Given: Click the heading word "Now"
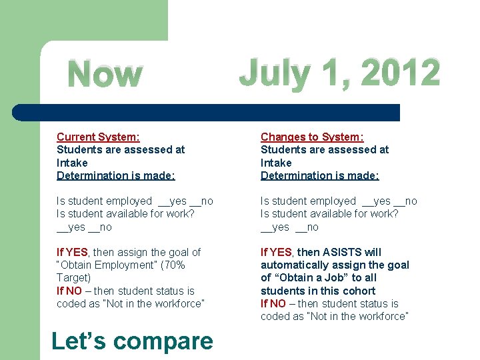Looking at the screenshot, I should click(105, 75).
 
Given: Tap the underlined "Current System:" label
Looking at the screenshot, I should click(98, 137).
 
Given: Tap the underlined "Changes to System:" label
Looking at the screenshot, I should click(312, 137).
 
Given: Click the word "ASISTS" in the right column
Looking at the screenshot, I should click(343, 252).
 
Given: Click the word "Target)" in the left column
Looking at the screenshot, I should click(73, 277).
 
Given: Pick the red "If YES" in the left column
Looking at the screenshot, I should click(72, 252).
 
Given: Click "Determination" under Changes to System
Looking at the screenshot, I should click(293, 175).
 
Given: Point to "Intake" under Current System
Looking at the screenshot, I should click(72, 163).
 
